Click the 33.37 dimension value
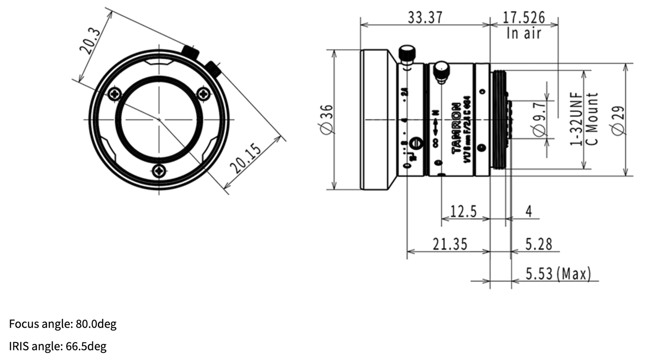tap(424, 17)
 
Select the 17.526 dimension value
tap(523, 17)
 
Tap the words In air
tap(524, 33)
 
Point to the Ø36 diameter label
tap(327, 119)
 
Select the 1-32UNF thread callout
tap(576, 119)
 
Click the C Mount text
tap(592, 119)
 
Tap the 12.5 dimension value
tap(463, 211)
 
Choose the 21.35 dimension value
tap(449, 244)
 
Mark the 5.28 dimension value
tap(539, 244)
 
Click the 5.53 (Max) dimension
tap(558, 273)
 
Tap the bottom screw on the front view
tap(159, 171)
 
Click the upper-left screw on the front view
tap(115, 94)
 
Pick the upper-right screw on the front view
tap(204, 94)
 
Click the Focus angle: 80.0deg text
tap(63, 324)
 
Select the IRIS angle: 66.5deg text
tap(58, 346)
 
